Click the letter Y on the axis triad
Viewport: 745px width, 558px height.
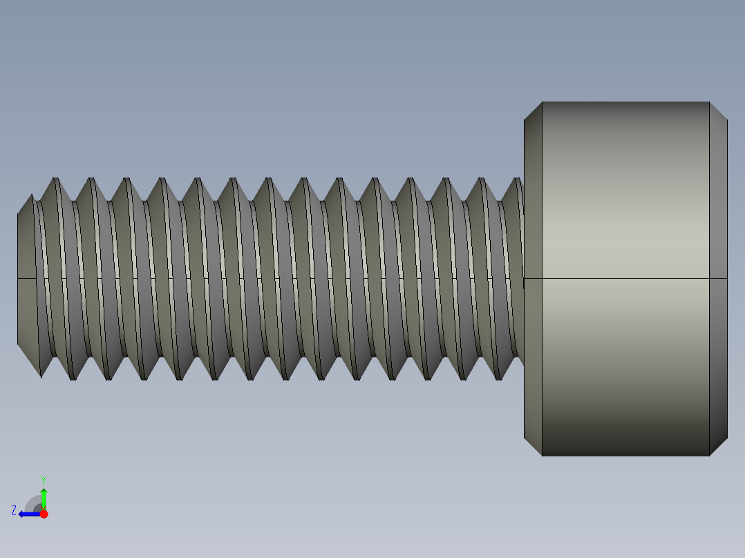tap(44, 479)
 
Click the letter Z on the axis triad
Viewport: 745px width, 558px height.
tap(14, 510)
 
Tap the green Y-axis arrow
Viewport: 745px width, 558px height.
tap(44, 496)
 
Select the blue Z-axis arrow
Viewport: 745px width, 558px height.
tap(28, 514)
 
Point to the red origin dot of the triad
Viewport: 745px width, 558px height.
tap(44, 514)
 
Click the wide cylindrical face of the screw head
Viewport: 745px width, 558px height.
tap(625, 207)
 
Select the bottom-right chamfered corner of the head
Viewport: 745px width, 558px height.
tap(718, 446)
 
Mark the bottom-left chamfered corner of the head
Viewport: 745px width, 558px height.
tap(533, 446)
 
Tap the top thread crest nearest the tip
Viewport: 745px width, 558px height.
tap(54, 181)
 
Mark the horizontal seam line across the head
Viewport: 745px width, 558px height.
tap(625, 279)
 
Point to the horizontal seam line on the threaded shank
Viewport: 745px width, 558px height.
tap(276, 278)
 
